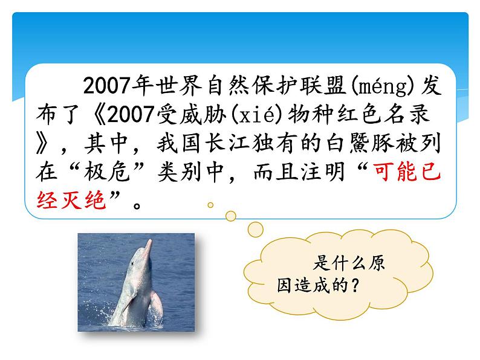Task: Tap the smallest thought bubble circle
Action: pyautogui.click(x=210, y=205)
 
